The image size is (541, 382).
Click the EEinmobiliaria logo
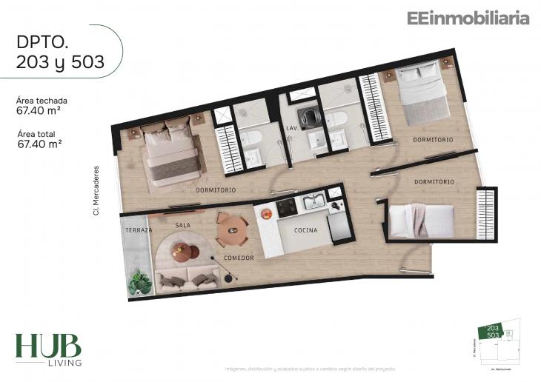pyautogui.click(x=468, y=19)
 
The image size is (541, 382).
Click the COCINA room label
pyautogui.click(x=305, y=230)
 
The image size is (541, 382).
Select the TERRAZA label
pyautogui.click(x=138, y=230)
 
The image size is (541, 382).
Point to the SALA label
pyautogui.click(x=183, y=224)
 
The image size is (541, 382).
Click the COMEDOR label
pyautogui.click(x=239, y=258)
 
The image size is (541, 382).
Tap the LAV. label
pyautogui.click(x=291, y=128)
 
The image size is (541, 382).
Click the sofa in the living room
pyautogui.click(x=187, y=280)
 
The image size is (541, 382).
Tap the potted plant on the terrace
pyautogui.click(x=140, y=282)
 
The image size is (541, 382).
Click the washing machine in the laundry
pyautogui.click(x=306, y=118)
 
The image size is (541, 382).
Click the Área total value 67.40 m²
pyautogui.click(x=39, y=144)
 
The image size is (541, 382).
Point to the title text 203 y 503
pyautogui.click(x=60, y=64)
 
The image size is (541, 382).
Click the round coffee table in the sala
pyautogui.click(x=183, y=252)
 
